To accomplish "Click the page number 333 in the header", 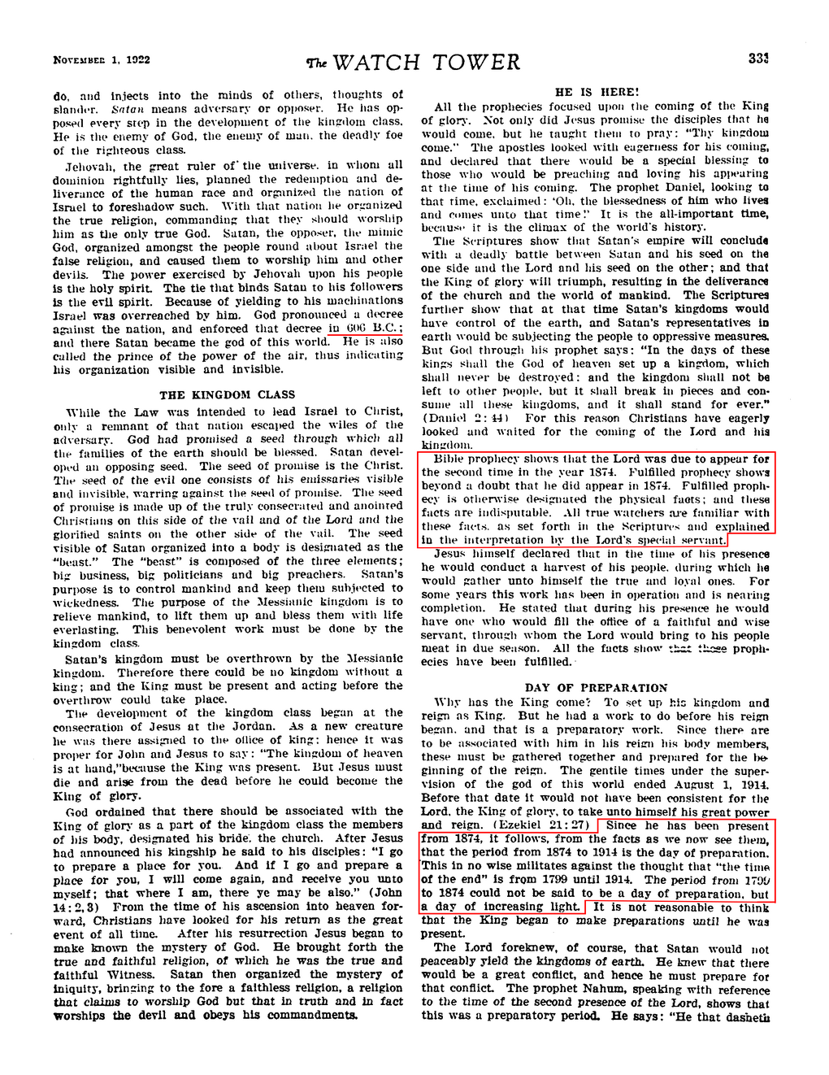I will pyautogui.click(x=757, y=59).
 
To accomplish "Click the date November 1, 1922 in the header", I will pyautogui.click(x=102, y=60).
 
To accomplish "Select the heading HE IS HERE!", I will pyautogui.click(x=597, y=93).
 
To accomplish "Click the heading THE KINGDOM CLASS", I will pyautogui.click(x=228, y=395).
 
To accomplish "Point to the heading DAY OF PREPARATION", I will pyautogui.click(x=596, y=688).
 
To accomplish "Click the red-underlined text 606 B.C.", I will pyautogui.click(x=374, y=329).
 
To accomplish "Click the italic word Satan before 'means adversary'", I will pyautogui.click(x=128, y=109).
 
